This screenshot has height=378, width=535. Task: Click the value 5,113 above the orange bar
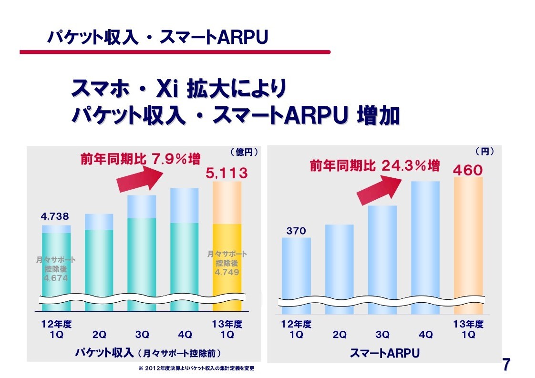(x=226, y=174)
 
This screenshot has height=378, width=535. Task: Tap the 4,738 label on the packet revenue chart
(x=56, y=217)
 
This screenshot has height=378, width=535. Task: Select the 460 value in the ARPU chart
(x=468, y=170)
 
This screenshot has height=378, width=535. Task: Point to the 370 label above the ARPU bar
(x=296, y=231)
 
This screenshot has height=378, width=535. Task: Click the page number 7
(x=507, y=365)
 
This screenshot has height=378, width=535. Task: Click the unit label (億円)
(x=244, y=152)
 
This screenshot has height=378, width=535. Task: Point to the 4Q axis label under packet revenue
(x=185, y=335)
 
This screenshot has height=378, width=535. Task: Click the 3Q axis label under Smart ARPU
(x=382, y=335)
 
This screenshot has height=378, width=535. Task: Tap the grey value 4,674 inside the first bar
(x=56, y=278)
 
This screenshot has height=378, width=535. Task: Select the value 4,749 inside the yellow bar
(x=227, y=272)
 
